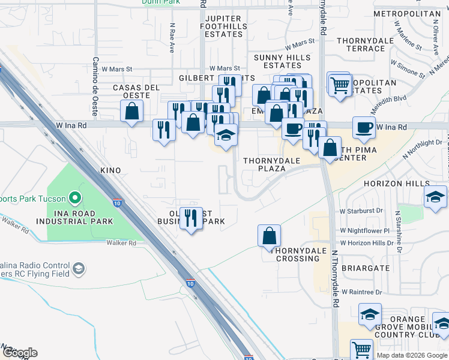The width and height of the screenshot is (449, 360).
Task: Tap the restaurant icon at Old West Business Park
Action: [x=191, y=218]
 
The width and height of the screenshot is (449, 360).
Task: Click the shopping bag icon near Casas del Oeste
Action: [x=131, y=110]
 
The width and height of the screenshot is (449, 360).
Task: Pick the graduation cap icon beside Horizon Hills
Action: [x=435, y=196]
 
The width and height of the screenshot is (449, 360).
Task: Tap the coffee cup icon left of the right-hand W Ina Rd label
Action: [x=364, y=127]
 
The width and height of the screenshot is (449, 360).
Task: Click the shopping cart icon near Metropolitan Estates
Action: [x=339, y=84]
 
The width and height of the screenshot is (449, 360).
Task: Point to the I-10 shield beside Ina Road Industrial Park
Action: [x=116, y=203]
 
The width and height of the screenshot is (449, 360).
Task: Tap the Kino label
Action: [x=110, y=171]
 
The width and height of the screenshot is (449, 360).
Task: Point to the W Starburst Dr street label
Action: [x=361, y=211]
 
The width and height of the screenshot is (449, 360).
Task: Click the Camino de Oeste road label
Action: [x=95, y=86]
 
